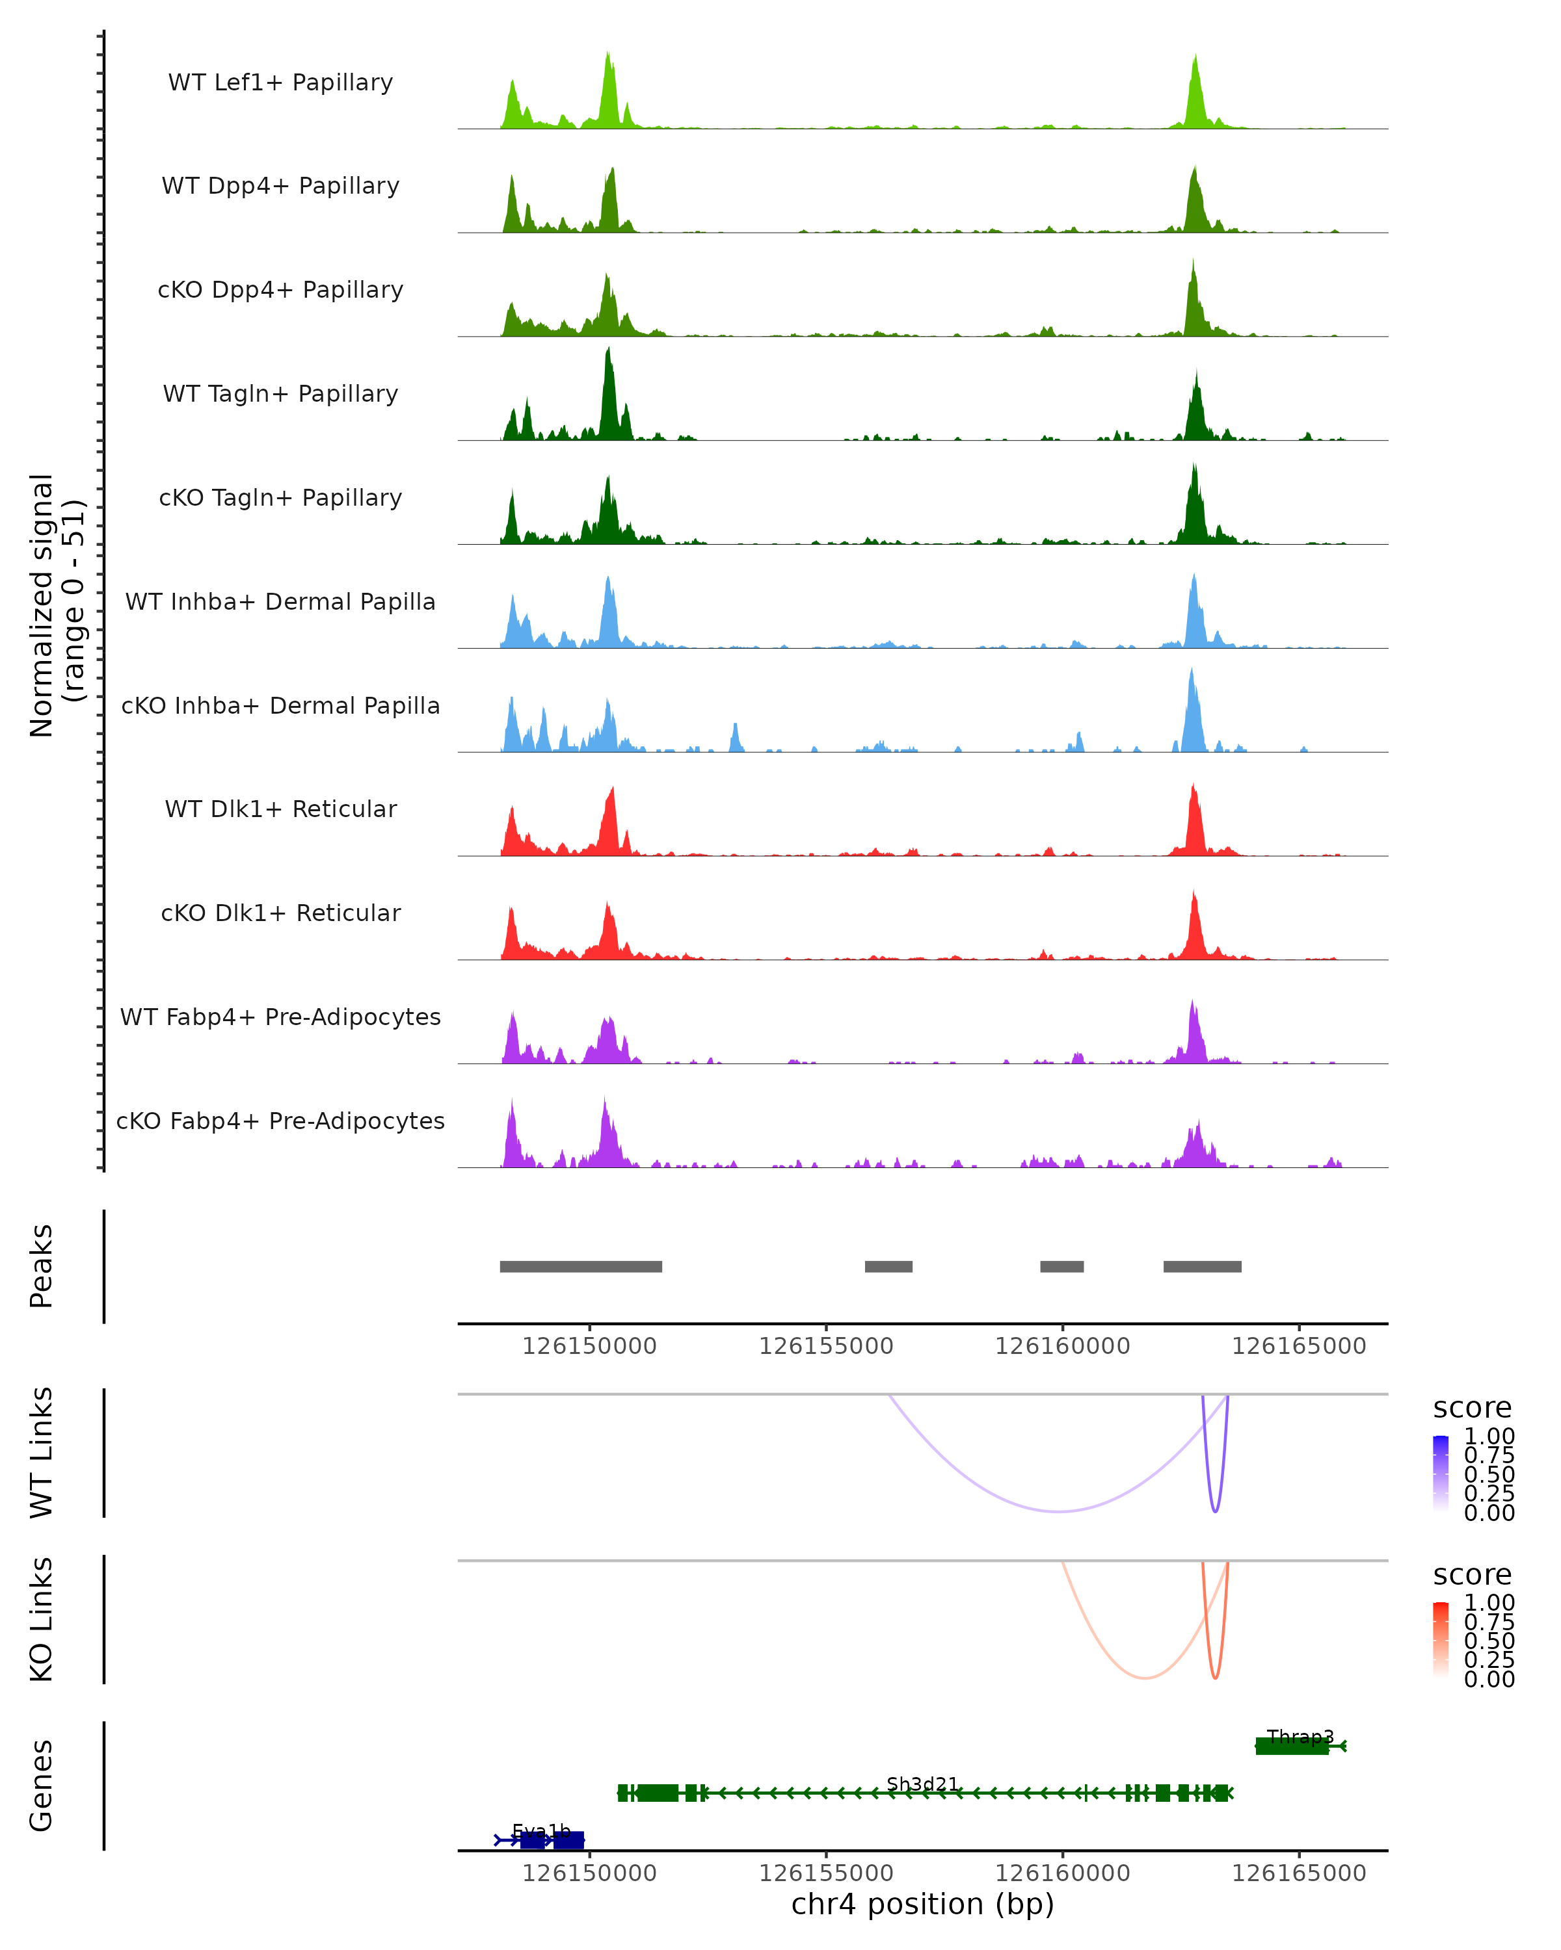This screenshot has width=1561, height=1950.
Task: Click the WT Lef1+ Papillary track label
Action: [280, 83]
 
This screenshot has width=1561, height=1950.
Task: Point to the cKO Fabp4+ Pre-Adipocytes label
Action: [280, 1121]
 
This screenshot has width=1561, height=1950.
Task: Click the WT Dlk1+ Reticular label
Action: [280, 809]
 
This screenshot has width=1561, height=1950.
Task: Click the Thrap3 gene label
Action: [1300, 1737]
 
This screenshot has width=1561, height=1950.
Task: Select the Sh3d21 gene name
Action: [922, 1784]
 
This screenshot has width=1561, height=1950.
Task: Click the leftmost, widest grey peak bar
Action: [580, 1266]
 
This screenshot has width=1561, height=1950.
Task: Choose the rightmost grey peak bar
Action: [1202, 1266]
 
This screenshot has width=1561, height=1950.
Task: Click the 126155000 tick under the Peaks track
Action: [825, 1346]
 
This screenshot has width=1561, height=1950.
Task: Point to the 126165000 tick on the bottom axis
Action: [1299, 1873]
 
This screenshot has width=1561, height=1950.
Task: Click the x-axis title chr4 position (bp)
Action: [922, 1904]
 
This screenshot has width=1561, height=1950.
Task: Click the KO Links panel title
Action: [42, 1619]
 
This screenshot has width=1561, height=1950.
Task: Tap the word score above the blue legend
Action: [1473, 1409]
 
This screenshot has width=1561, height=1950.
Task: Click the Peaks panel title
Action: [42, 1266]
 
